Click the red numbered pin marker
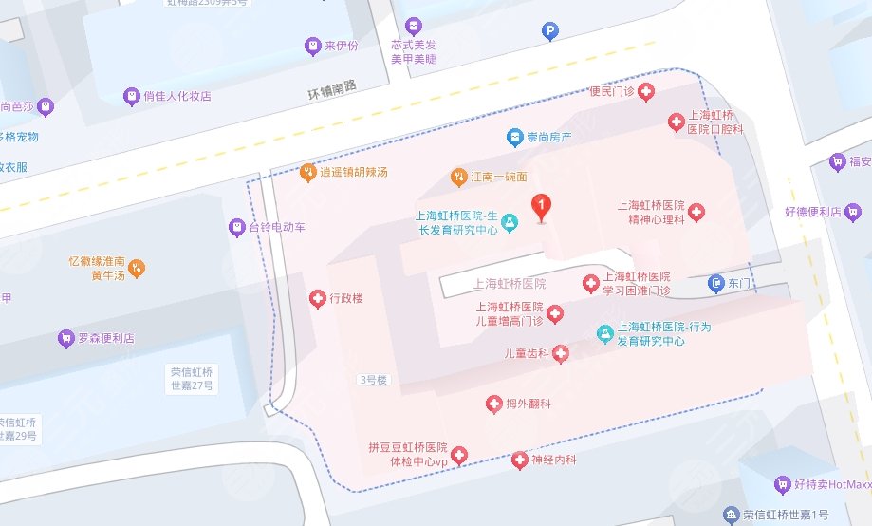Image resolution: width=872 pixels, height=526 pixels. [541, 205]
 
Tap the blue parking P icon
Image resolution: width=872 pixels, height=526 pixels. [549, 32]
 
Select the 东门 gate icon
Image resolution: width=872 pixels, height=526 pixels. [716, 283]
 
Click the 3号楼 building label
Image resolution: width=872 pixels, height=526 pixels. [373, 380]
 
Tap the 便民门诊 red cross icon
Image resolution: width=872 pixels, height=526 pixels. [646, 91]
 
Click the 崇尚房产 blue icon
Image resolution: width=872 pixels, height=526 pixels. [514, 137]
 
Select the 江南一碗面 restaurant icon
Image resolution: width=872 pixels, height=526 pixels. [458, 177]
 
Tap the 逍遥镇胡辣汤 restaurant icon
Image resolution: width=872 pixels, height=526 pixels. [307, 173]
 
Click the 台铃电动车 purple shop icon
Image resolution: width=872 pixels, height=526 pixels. [236, 228]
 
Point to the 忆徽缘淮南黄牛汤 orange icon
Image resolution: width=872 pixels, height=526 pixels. [137, 269]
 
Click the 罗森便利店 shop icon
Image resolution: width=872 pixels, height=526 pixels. [65, 337]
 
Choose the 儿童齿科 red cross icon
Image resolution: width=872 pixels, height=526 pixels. [561, 354]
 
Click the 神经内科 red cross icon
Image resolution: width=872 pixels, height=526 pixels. [519, 460]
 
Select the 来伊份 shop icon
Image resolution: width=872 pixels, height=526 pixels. [311, 45]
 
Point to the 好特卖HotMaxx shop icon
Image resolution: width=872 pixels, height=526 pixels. [782, 484]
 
